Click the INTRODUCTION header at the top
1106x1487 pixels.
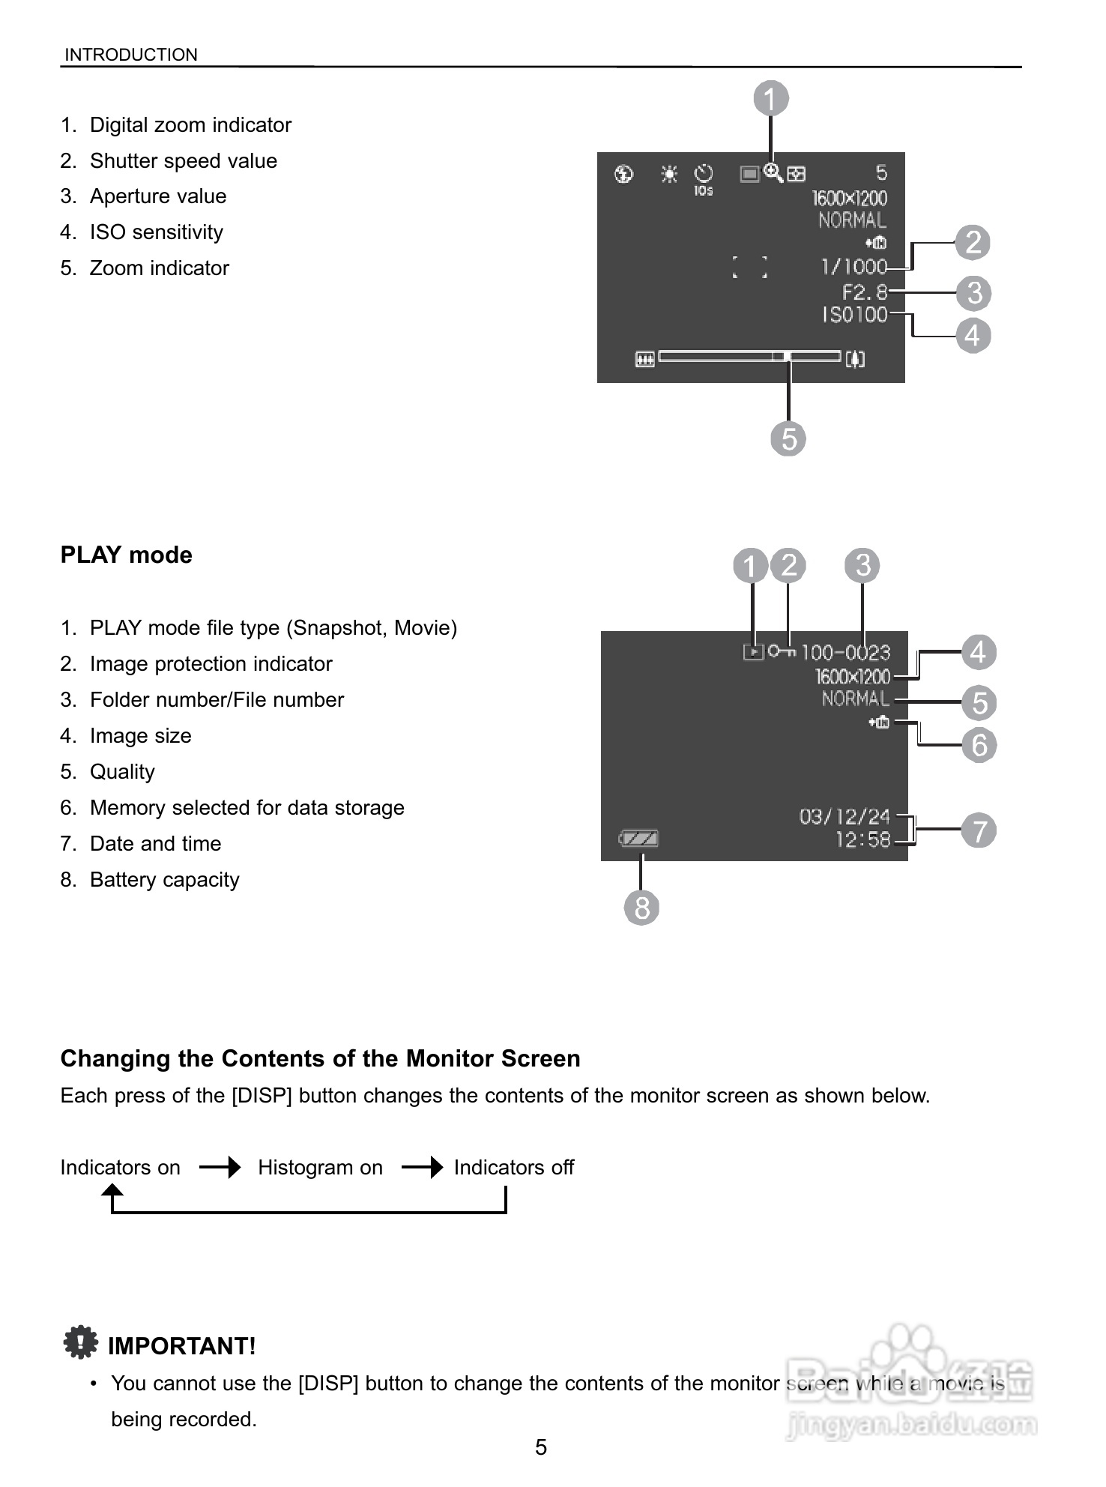[131, 55]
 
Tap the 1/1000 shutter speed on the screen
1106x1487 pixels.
[853, 267]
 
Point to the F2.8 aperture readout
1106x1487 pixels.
[864, 292]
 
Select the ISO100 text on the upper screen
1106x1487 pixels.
[854, 315]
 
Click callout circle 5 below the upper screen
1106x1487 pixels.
[788, 438]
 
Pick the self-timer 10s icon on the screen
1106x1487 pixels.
[704, 179]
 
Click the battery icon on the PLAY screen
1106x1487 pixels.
[639, 838]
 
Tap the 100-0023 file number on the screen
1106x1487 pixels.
[845, 653]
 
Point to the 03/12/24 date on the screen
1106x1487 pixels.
[844, 816]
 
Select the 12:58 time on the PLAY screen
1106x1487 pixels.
[862, 840]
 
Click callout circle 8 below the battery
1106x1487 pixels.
[641, 908]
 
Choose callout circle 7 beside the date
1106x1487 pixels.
[979, 830]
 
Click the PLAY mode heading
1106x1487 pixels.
[126, 555]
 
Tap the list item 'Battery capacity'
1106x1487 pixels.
[164, 880]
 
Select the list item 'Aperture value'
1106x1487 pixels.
[157, 196]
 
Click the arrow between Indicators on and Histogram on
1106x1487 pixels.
[220, 1167]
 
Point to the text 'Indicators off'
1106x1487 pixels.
[514, 1168]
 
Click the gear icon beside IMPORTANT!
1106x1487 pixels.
[80, 1342]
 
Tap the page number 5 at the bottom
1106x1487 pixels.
[541, 1447]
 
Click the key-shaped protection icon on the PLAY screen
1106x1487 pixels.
[782, 651]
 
